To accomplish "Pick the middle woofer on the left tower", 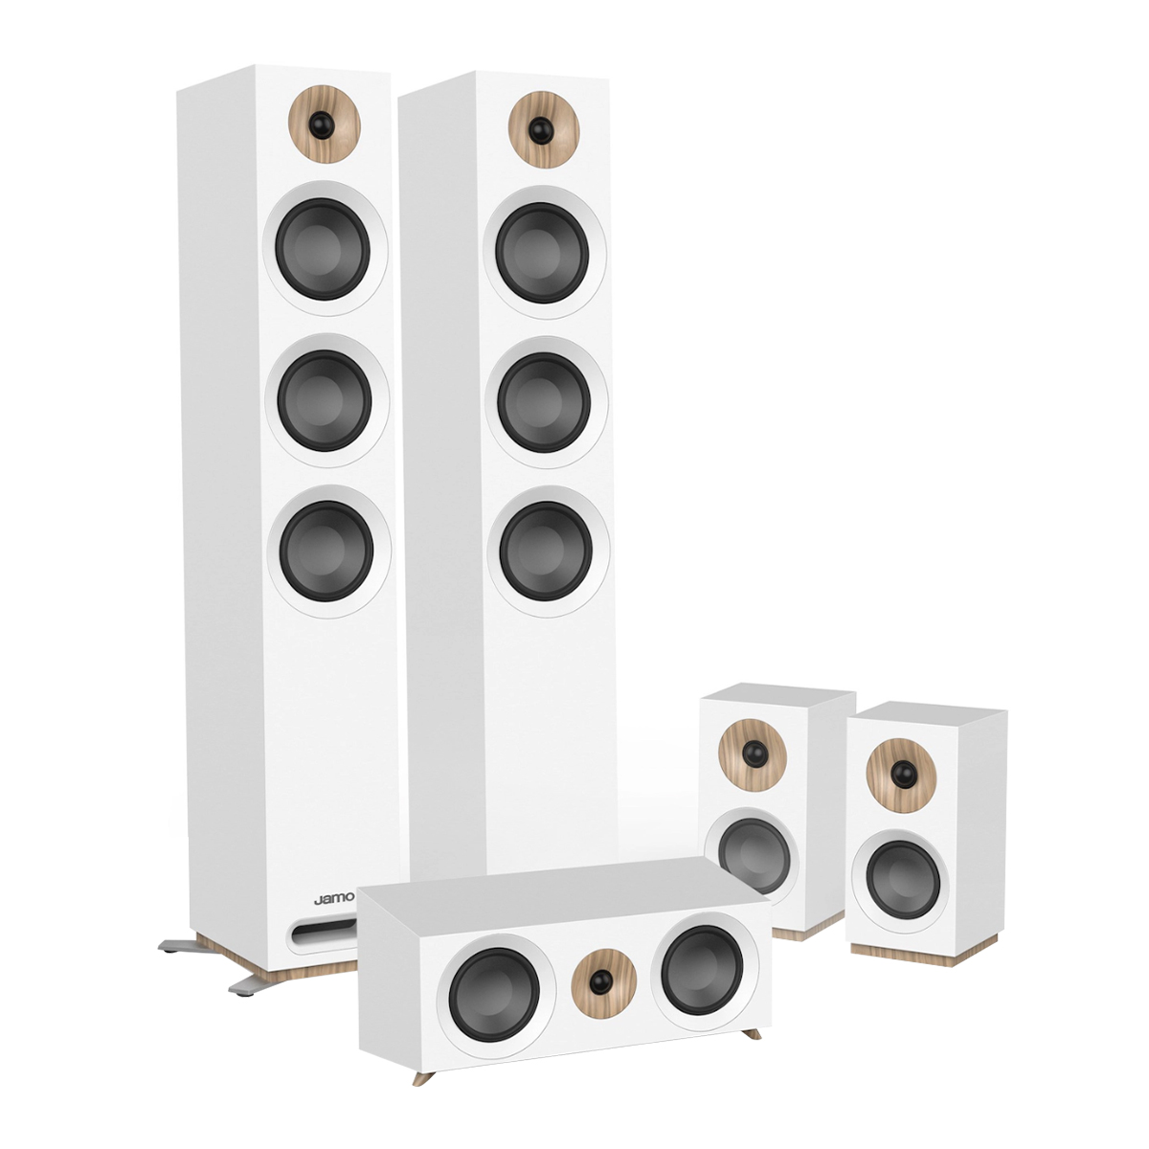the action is click(327, 399).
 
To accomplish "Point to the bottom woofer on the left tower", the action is click(327, 550).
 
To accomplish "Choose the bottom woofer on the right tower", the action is click(546, 550).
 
